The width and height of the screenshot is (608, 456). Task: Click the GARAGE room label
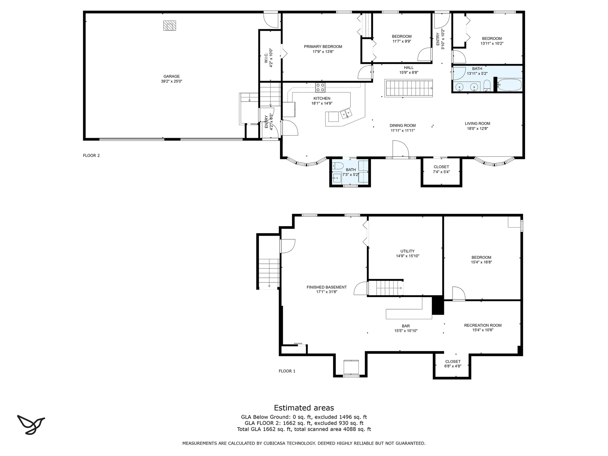point(172,76)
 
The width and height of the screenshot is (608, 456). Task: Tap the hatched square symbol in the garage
point(169,26)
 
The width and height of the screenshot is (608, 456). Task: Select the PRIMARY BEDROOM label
point(323,47)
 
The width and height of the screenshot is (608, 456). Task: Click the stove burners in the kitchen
point(320,87)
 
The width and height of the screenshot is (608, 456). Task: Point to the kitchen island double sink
point(346,113)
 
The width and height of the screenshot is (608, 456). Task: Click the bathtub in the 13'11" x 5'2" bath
point(509,85)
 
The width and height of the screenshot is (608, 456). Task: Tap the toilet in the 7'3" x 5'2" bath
point(338,166)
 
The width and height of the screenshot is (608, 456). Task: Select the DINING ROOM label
point(403,125)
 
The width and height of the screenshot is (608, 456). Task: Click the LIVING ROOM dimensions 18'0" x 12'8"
point(478,129)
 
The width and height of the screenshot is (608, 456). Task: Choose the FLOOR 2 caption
point(91,155)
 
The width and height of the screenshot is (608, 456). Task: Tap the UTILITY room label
point(408,251)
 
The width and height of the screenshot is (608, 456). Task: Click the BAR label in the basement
point(406,326)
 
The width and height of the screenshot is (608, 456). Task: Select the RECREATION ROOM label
point(483,325)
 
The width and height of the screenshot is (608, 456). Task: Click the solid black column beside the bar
point(438,305)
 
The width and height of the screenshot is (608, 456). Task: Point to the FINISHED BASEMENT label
point(326,287)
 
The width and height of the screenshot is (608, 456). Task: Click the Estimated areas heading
point(304,408)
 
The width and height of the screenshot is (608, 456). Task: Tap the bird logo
point(31,425)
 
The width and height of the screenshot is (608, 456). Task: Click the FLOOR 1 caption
point(287,371)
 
